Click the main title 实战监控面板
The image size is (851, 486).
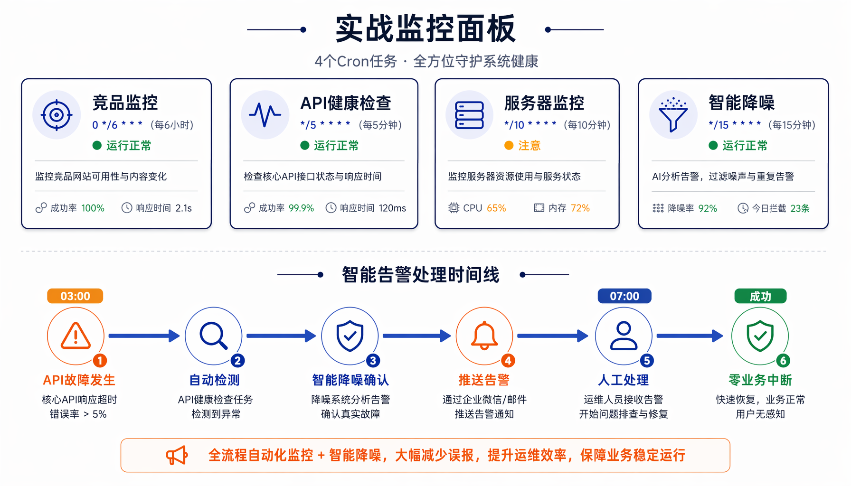pos(425,29)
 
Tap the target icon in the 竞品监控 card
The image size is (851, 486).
pos(57,115)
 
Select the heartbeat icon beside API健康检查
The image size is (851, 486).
pos(265,115)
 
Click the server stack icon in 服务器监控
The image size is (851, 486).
pos(469,115)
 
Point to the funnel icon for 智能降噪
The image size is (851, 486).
pos(673,115)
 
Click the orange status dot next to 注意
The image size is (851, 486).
pos(509,145)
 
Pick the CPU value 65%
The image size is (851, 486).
pos(496,208)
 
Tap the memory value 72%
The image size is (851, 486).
pos(580,208)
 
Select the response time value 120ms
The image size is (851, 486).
pos(392,208)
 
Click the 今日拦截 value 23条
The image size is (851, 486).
pos(800,208)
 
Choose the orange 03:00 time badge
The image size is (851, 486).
pos(75,296)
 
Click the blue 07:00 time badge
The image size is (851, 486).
pos(624,296)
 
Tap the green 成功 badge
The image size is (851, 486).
pos(760,296)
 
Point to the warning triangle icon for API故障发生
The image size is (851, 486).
pos(76,336)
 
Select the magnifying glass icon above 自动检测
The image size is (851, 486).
pos(213,336)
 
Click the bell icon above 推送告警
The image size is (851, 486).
pos(484,336)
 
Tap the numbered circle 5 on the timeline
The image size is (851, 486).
pos(646,361)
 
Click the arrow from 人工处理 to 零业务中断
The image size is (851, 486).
pos(690,336)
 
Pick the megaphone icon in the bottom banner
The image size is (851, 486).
pos(177,456)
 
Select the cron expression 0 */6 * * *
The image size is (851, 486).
pos(117,125)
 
